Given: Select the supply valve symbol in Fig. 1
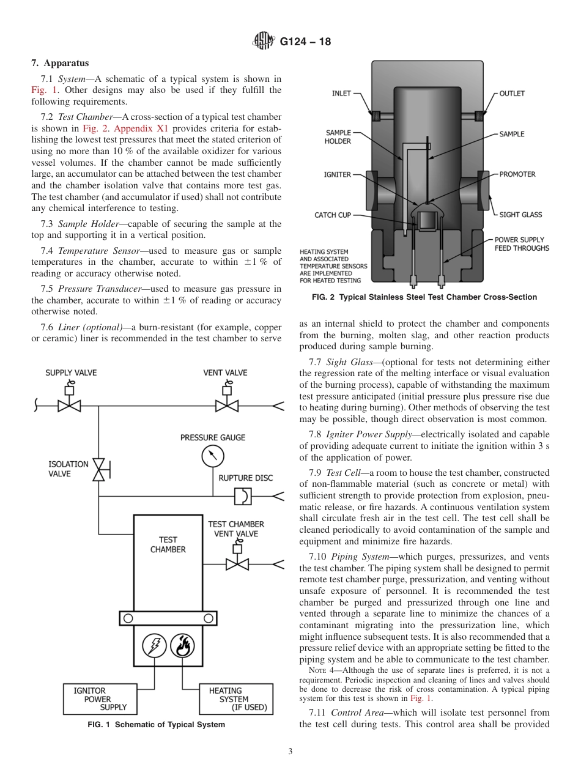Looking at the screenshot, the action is click(x=69, y=405).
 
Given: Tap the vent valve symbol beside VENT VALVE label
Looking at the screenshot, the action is click(x=226, y=405).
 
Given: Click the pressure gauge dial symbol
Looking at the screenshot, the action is click(x=212, y=456).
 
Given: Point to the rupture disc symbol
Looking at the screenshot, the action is click(x=243, y=496).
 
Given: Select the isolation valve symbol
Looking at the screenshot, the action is click(x=99, y=469).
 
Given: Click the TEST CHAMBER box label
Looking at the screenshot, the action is click(x=168, y=544).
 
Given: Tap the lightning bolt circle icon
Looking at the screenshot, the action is click(x=154, y=645).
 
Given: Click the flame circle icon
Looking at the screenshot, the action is click(x=182, y=645).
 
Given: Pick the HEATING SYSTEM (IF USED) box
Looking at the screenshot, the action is click(x=236, y=698).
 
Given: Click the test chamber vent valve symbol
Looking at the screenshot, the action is click(x=237, y=563).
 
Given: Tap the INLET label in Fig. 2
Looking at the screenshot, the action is click(x=341, y=94).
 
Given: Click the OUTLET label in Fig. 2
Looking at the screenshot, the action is click(x=512, y=94).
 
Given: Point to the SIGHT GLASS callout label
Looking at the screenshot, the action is click(x=520, y=215).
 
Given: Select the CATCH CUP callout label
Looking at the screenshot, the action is click(x=333, y=215).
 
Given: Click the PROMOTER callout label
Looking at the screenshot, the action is click(x=517, y=174).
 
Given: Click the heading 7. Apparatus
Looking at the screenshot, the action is click(x=60, y=63).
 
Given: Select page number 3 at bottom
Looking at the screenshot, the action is click(x=290, y=752).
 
